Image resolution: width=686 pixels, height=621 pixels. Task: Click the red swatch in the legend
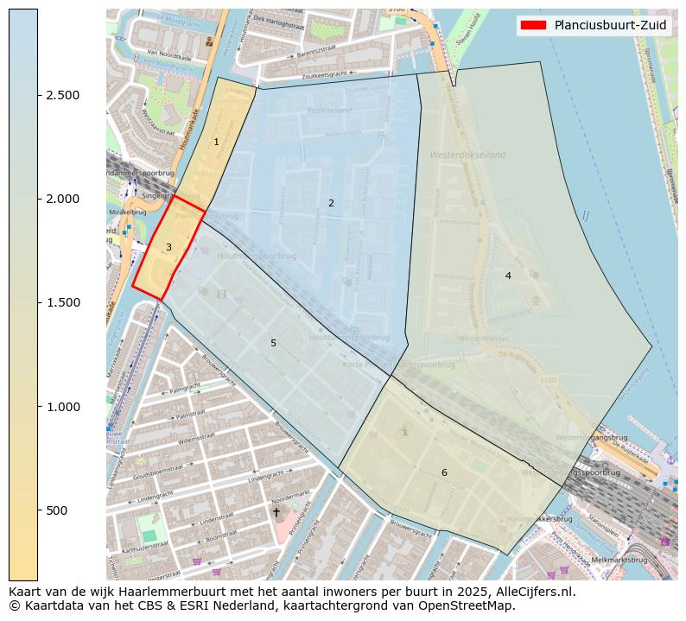[533, 26]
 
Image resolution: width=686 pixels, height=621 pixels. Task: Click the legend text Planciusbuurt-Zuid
[610, 26]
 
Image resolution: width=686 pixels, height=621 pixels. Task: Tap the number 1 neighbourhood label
[216, 142]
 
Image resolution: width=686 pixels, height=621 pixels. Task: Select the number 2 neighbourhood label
[331, 203]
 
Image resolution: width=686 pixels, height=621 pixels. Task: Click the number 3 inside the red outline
[168, 247]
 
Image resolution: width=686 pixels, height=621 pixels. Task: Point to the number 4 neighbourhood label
[508, 276]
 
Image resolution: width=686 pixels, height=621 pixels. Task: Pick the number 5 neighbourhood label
[273, 343]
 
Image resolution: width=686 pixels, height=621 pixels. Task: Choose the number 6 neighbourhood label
[444, 472]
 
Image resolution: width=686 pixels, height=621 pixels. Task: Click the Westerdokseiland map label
[467, 155]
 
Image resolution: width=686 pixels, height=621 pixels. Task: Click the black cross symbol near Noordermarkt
[276, 512]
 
